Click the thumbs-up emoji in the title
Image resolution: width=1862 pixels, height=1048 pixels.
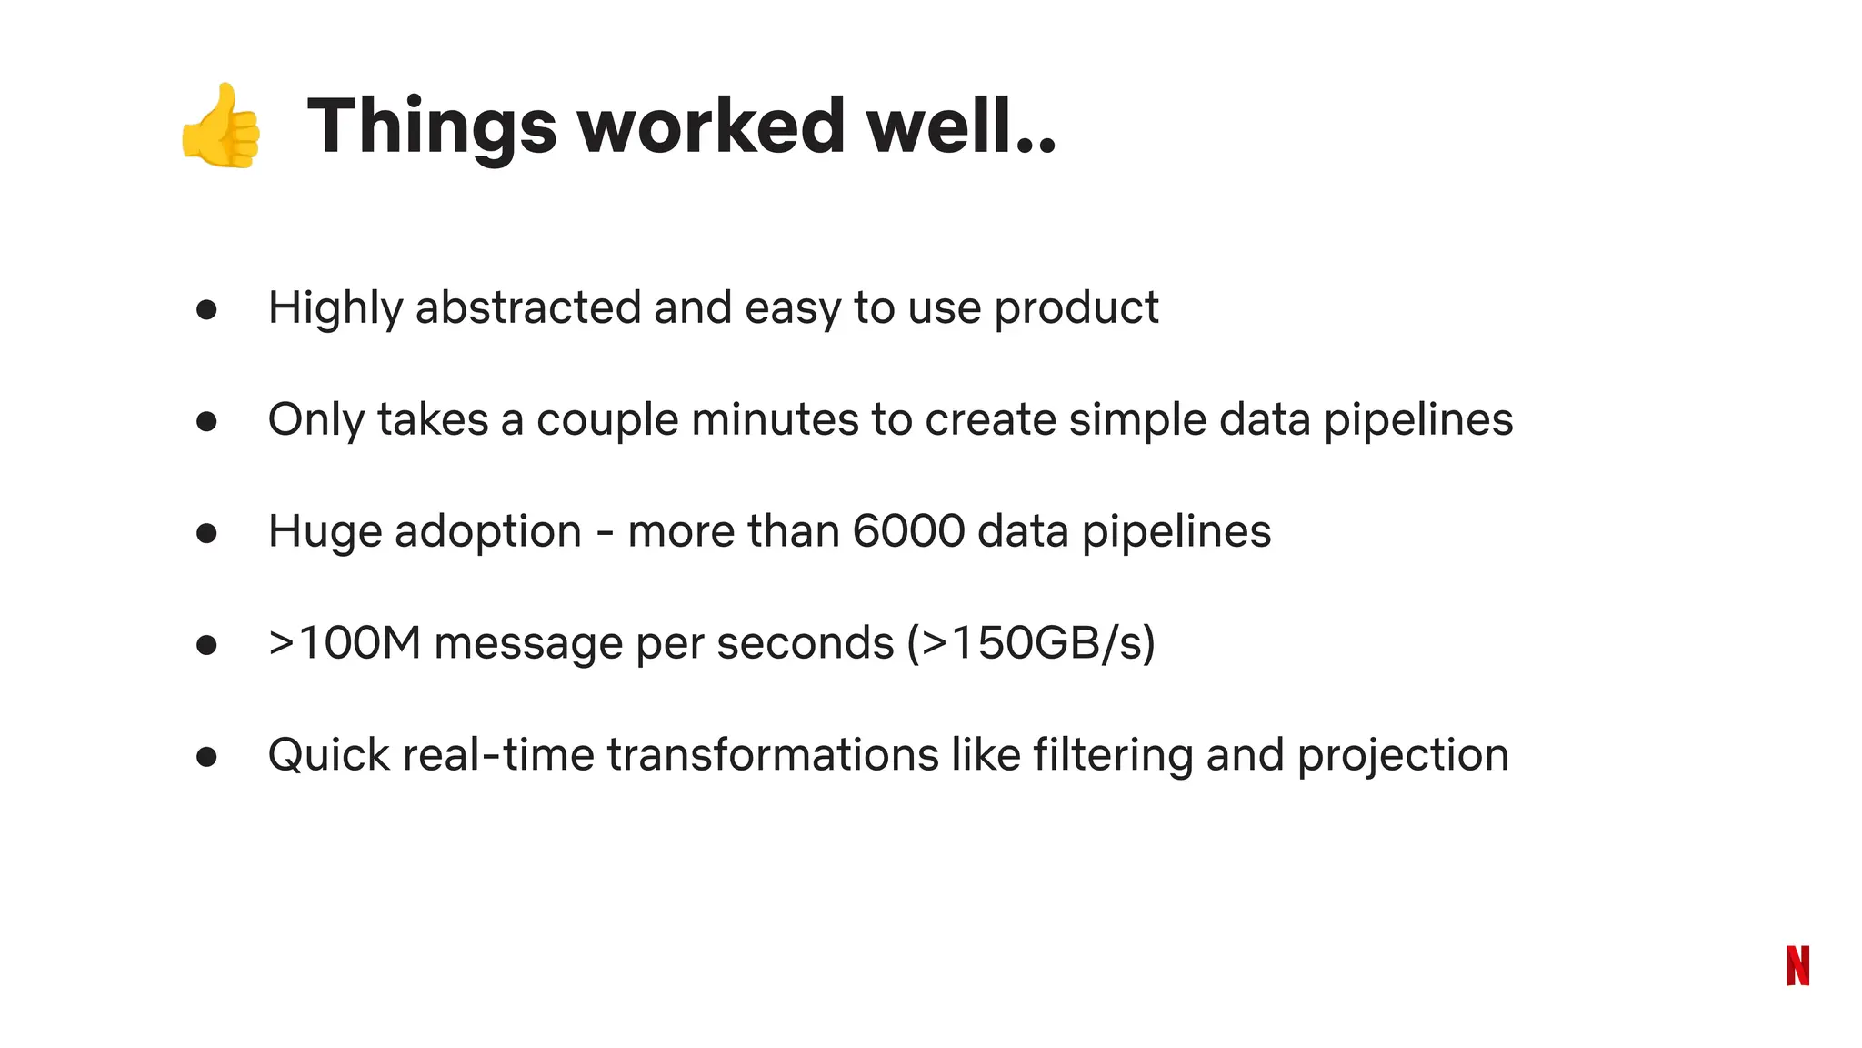point(221,126)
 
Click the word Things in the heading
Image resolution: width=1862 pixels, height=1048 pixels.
point(432,126)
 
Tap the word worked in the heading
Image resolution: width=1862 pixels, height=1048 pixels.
point(711,126)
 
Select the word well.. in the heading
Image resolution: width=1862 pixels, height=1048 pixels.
point(960,126)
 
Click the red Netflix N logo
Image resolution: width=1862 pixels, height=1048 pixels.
point(1797,965)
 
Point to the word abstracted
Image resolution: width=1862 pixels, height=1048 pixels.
point(527,307)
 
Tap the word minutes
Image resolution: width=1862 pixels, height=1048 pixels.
point(775,419)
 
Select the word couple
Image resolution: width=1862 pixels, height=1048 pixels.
point(606,421)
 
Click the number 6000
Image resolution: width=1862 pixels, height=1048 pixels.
point(908,531)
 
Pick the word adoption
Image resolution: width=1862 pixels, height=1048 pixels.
point(487,533)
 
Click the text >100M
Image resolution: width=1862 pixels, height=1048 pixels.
point(345,643)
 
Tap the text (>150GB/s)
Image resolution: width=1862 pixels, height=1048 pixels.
point(1031,643)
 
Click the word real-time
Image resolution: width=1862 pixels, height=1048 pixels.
point(497,755)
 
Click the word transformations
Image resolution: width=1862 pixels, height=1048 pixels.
point(772,755)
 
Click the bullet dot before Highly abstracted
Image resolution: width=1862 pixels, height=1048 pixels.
point(206,310)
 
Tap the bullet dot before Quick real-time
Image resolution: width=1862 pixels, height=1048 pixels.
point(206,757)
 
